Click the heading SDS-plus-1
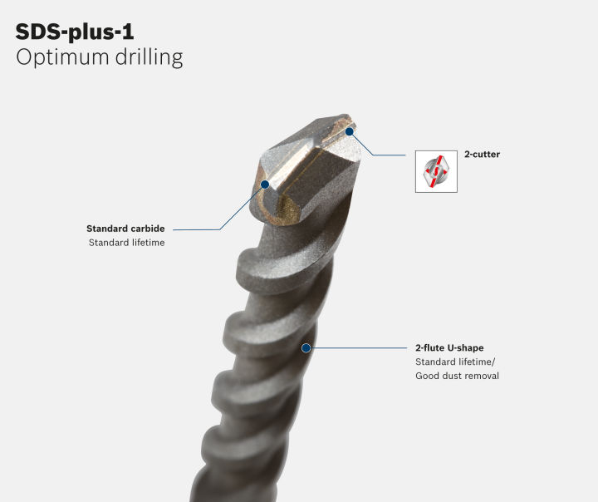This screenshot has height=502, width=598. pyautogui.click(x=75, y=32)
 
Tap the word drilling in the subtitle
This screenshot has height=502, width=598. pyautogui.click(x=149, y=57)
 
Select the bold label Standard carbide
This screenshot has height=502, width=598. pyautogui.click(x=125, y=229)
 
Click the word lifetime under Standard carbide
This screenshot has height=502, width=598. pyautogui.click(x=146, y=243)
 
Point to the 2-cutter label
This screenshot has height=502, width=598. pyautogui.click(x=482, y=155)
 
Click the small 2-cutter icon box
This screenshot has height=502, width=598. pyautogui.click(x=436, y=171)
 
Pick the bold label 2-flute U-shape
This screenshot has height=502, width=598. pyautogui.click(x=449, y=347)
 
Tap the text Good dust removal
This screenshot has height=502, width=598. pyautogui.click(x=457, y=376)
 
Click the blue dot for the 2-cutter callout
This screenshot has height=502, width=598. pyautogui.click(x=350, y=131)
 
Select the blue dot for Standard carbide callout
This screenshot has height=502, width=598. pyautogui.click(x=265, y=185)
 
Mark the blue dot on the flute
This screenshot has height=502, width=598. pyautogui.click(x=306, y=348)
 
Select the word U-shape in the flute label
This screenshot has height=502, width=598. pyautogui.click(x=467, y=347)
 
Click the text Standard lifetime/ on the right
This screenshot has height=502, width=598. pyautogui.click(x=455, y=362)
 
